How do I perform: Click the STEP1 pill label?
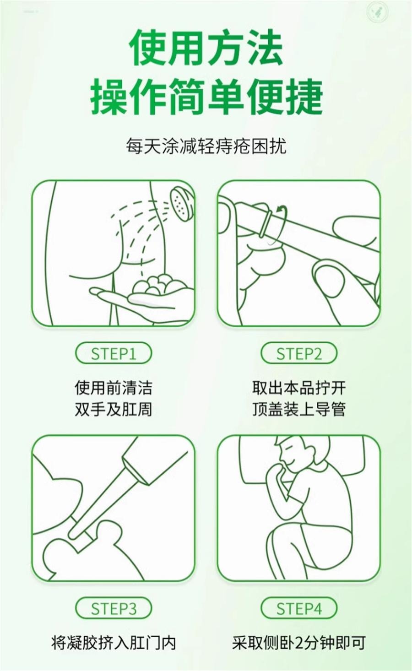pyautogui.click(x=113, y=354)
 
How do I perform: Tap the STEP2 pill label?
pyautogui.click(x=298, y=354)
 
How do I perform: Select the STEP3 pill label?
pyautogui.click(x=113, y=609)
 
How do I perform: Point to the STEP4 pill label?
pyautogui.click(x=298, y=609)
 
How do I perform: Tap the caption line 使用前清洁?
pyautogui.click(x=113, y=388)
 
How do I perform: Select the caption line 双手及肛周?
pyautogui.click(x=113, y=409)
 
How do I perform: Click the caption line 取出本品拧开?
pyautogui.click(x=298, y=388)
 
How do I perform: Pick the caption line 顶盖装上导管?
pyautogui.click(x=298, y=409)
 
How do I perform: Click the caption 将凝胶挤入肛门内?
pyautogui.click(x=113, y=643)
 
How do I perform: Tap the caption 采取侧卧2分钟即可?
pyautogui.click(x=298, y=643)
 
